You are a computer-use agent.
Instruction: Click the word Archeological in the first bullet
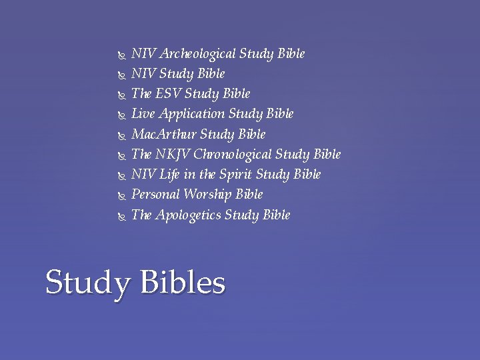coord(196,54)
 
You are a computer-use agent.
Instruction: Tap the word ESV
coord(169,94)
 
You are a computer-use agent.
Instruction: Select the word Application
coord(193,115)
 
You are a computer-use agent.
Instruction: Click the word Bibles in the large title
coord(182,283)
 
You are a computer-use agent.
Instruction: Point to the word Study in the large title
coord(88,284)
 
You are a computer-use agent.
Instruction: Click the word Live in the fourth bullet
coord(143,114)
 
